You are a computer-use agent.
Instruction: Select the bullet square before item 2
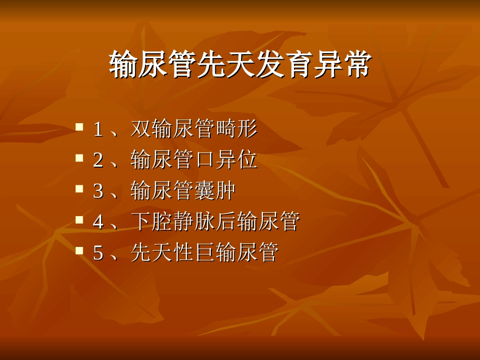(79, 158)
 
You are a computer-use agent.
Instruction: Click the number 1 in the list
(98, 130)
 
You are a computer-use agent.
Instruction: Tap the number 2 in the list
(98, 161)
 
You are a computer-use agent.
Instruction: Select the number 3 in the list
(98, 191)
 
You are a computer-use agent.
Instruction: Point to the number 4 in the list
(98, 222)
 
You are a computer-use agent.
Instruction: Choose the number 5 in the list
(98, 253)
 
